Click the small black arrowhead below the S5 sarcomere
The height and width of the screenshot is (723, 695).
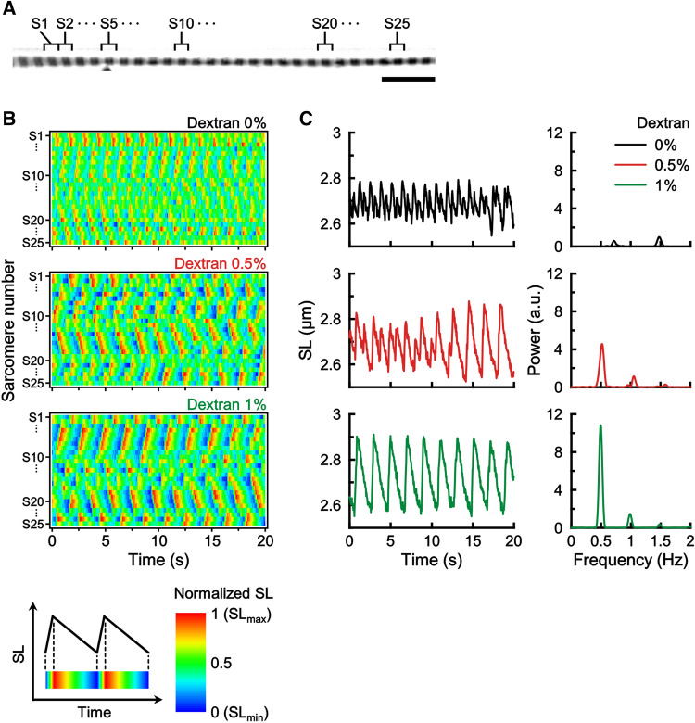tap(108, 69)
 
